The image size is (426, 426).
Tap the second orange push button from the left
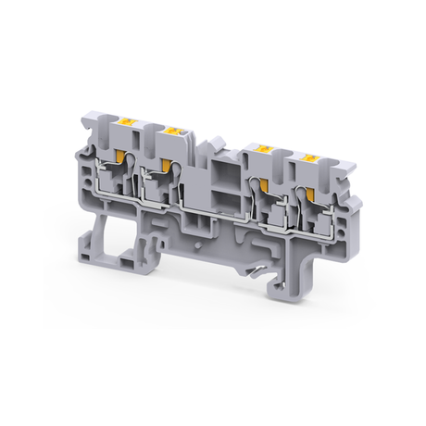tap(171, 136)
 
